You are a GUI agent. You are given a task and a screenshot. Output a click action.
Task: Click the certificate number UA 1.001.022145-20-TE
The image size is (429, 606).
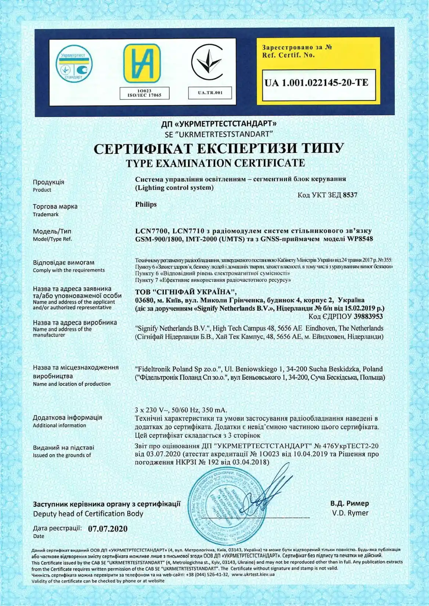pyautogui.click(x=316, y=83)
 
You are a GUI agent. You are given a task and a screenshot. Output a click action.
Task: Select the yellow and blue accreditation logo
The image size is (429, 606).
pyautogui.click(x=142, y=63)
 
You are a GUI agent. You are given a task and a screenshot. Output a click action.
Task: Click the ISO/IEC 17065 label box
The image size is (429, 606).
pyautogui.click(x=144, y=93)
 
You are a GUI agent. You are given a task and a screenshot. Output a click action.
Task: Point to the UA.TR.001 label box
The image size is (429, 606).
pyautogui.click(x=210, y=92)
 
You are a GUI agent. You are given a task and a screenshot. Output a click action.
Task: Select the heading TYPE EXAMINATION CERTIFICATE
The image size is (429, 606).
pyautogui.click(x=215, y=163)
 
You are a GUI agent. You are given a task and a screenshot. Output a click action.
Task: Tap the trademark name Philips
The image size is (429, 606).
pyautogui.click(x=146, y=204)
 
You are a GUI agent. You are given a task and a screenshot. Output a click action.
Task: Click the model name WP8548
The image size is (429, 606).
pyautogui.click(x=360, y=239)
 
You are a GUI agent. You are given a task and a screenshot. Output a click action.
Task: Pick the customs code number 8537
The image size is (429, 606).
pyautogui.click(x=350, y=195)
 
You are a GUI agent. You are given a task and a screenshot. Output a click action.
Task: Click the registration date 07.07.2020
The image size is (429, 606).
pyautogui.click(x=108, y=529)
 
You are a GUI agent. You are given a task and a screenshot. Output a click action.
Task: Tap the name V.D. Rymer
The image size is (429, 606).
pyautogui.click(x=350, y=513)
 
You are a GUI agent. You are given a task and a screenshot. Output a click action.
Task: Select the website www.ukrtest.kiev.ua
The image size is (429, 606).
pyautogui.click(x=253, y=574)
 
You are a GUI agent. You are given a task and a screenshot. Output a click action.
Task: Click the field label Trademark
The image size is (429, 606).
pyautogui.click(x=46, y=214)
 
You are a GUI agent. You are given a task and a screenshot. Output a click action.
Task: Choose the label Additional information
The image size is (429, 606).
pyautogui.click(x=60, y=425)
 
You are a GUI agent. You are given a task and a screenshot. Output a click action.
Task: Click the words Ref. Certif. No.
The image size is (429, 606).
pyautogui.click(x=288, y=55)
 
